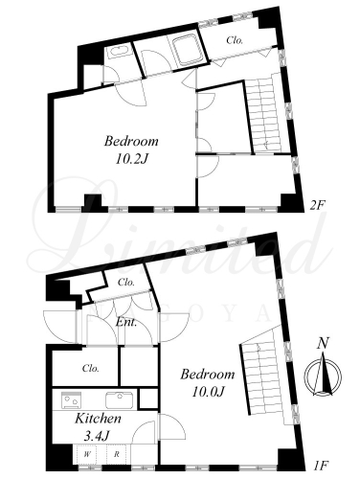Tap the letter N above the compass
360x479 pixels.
323,344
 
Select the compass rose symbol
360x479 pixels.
323,375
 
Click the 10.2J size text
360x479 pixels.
131,159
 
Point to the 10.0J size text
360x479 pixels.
208,392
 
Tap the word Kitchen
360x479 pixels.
98,419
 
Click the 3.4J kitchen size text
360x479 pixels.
97,435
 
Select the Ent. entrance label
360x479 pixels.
126,322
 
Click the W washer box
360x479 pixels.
86,454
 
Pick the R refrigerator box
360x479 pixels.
117,454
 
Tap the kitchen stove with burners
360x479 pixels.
71,400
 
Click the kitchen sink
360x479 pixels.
119,400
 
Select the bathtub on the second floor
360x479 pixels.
187,50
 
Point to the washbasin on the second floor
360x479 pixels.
118,52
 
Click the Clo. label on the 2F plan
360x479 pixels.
235,40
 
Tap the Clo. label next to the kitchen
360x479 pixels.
90,368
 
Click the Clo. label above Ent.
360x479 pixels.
126,283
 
